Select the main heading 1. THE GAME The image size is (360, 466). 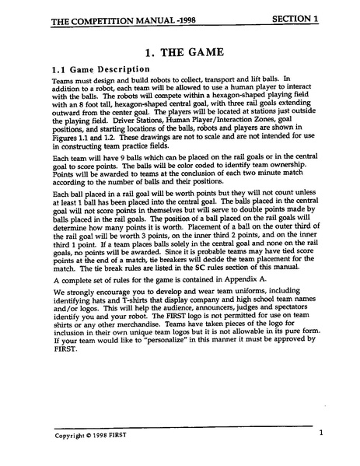click(180, 52)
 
